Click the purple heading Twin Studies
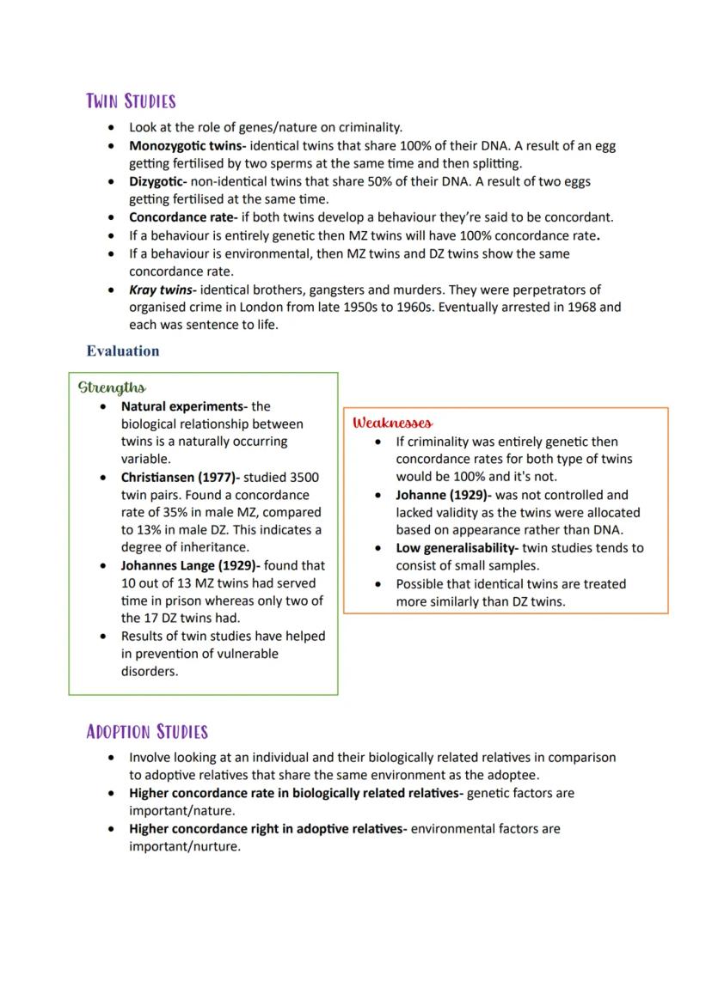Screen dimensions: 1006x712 (x=131, y=101)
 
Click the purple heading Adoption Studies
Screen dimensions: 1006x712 (x=147, y=732)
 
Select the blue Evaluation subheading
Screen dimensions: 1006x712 (x=123, y=351)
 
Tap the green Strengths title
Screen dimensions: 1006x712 (x=112, y=387)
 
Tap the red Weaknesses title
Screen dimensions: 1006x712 (x=392, y=423)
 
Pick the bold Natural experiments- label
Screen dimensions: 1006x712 (x=184, y=406)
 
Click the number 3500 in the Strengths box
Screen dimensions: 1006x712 (x=305, y=477)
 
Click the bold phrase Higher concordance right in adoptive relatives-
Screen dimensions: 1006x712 (x=268, y=829)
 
